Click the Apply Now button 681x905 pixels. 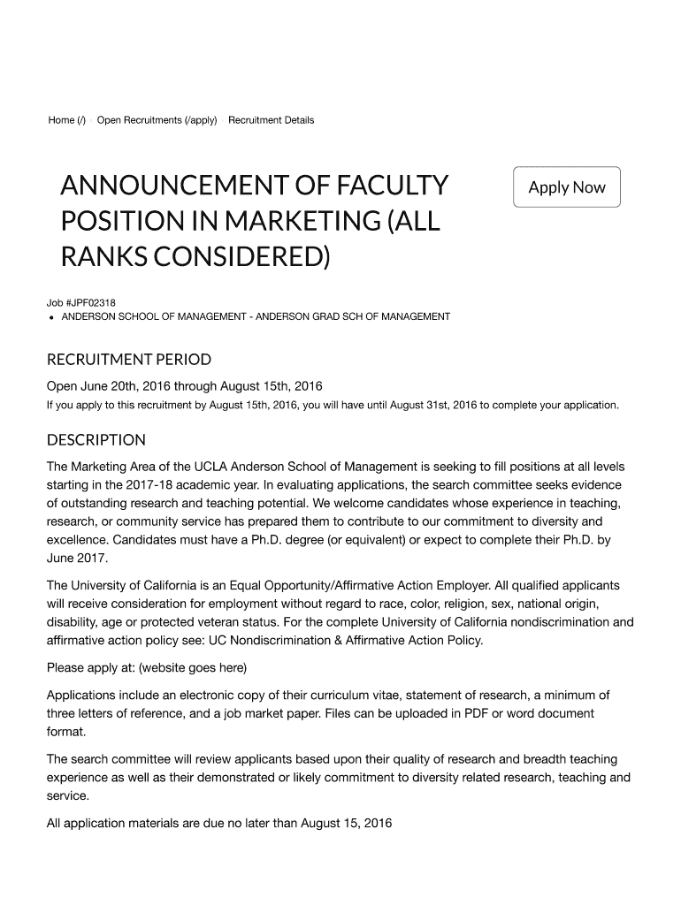point(567,187)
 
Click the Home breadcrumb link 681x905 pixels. point(66,120)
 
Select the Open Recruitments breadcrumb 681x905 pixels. point(157,120)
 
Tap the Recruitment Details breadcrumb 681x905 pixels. point(271,120)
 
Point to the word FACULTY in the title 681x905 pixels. point(382,187)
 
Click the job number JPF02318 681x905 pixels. point(87,303)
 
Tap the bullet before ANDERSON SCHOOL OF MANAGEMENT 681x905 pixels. point(52,317)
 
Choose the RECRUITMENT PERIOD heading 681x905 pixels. point(128,360)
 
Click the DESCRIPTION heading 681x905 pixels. point(96,440)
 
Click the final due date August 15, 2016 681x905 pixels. point(346,824)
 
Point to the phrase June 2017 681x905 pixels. point(77,559)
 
